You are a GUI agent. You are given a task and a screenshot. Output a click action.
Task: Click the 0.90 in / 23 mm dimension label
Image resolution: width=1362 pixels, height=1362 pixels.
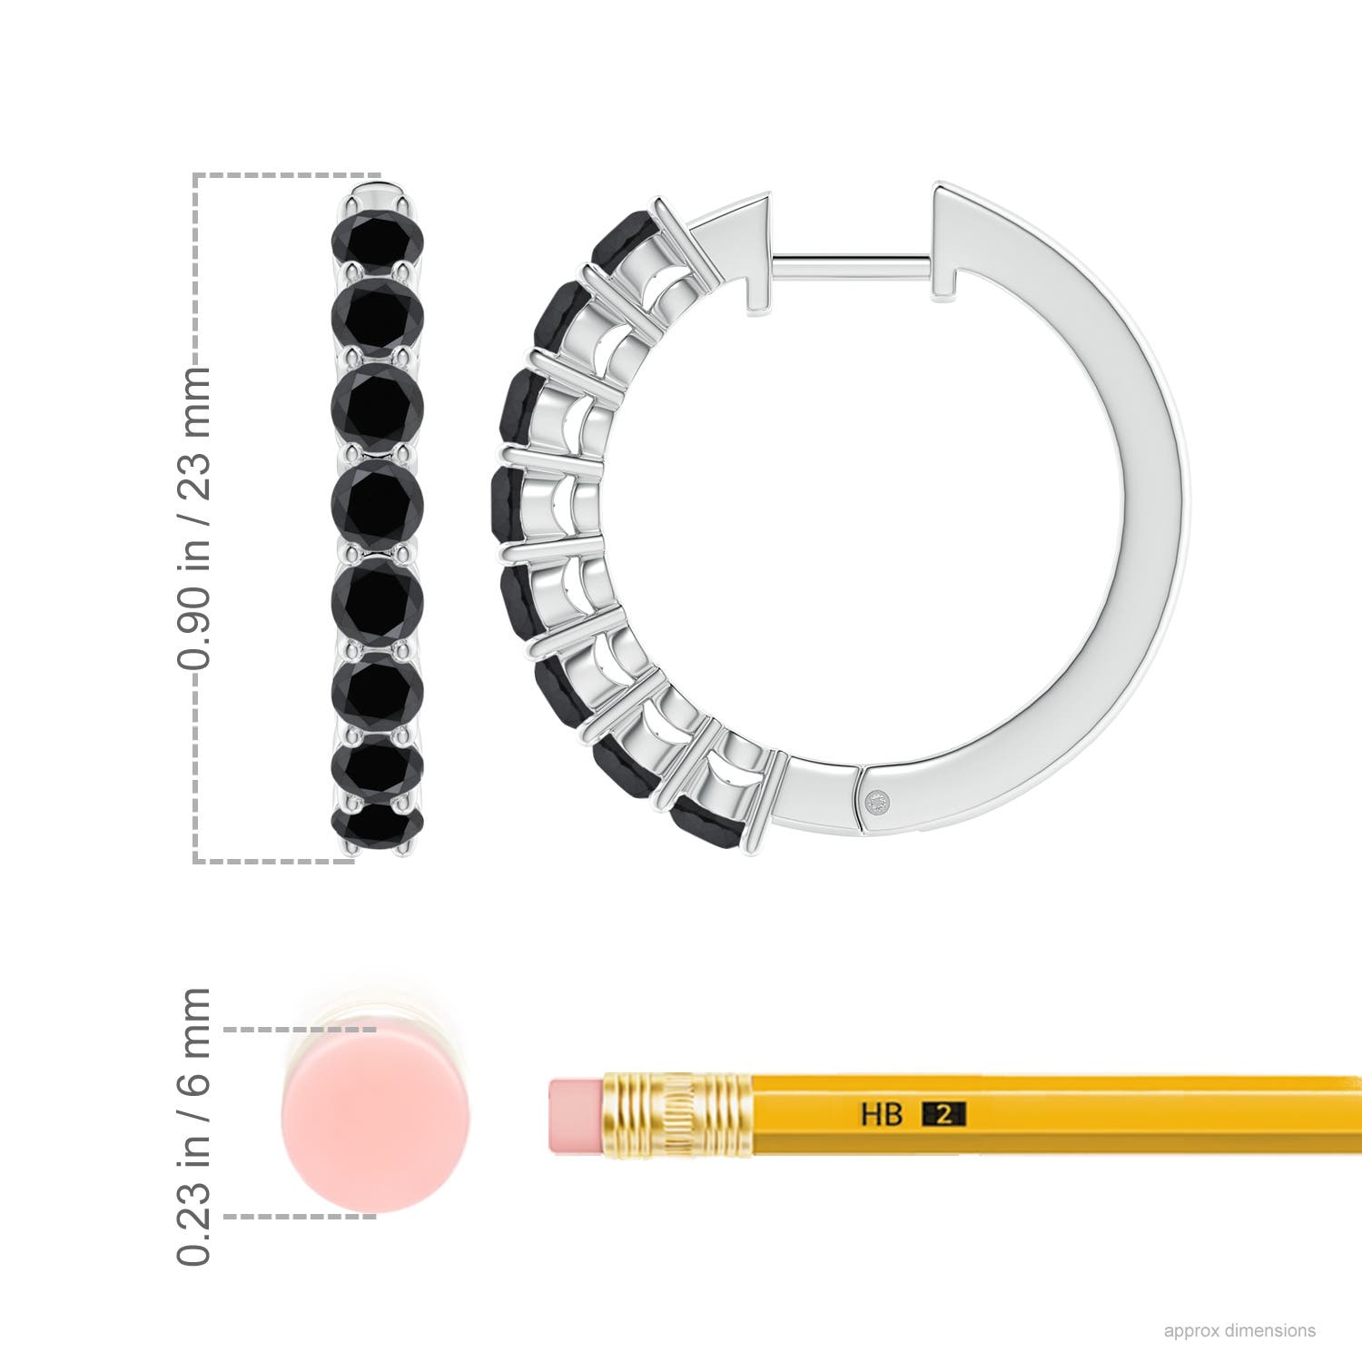[x=195, y=518]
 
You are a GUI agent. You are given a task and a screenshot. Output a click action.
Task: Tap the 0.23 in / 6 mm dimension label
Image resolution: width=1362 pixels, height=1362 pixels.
[x=195, y=1126]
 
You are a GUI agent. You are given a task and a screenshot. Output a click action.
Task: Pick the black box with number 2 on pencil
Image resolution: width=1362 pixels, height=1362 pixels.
[x=944, y=1113]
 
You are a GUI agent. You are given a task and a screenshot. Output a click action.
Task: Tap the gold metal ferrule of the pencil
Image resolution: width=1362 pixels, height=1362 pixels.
[x=676, y=1115]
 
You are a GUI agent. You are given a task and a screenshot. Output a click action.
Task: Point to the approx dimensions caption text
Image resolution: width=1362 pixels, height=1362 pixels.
[x=1239, y=1330]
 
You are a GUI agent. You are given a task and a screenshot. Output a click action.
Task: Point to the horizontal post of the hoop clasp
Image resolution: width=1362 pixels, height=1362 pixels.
[x=854, y=264]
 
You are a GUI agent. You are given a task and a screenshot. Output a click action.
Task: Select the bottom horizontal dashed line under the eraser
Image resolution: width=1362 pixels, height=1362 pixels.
[x=300, y=1216]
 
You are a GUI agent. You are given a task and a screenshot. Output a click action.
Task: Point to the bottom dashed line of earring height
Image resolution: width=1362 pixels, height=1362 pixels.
[x=272, y=861]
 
